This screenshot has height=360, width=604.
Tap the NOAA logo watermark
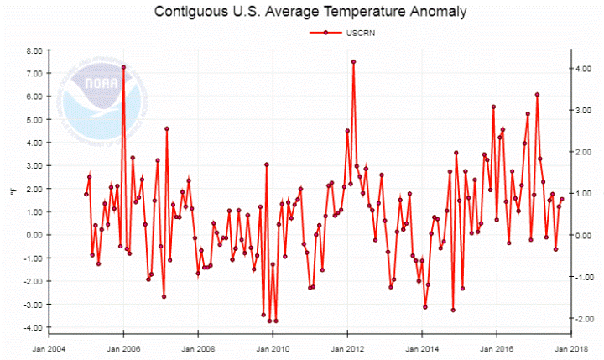pos(90,87)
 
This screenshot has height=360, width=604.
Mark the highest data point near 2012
pos(354,61)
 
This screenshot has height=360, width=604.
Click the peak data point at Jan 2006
pos(123,67)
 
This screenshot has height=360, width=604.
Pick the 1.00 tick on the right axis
pos(586,194)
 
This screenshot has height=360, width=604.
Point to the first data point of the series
pos(86,194)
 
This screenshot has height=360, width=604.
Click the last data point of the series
pos(562,200)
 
